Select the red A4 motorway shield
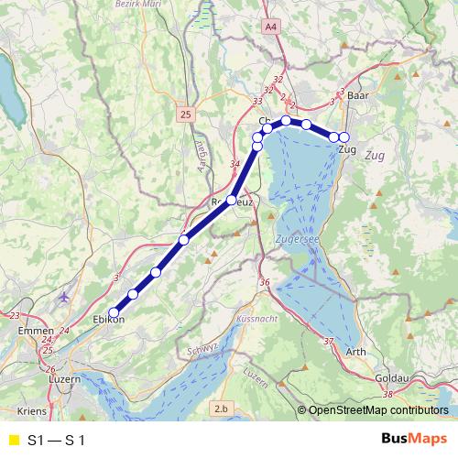(270, 28)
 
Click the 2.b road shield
(221, 408)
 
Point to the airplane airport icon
(62, 298)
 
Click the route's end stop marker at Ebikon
(114, 311)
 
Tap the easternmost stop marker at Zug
(344, 137)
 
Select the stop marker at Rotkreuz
(232, 201)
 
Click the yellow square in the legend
(13, 441)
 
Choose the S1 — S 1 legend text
(57, 441)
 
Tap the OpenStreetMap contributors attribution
(378, 410)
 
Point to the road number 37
(329, 341)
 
